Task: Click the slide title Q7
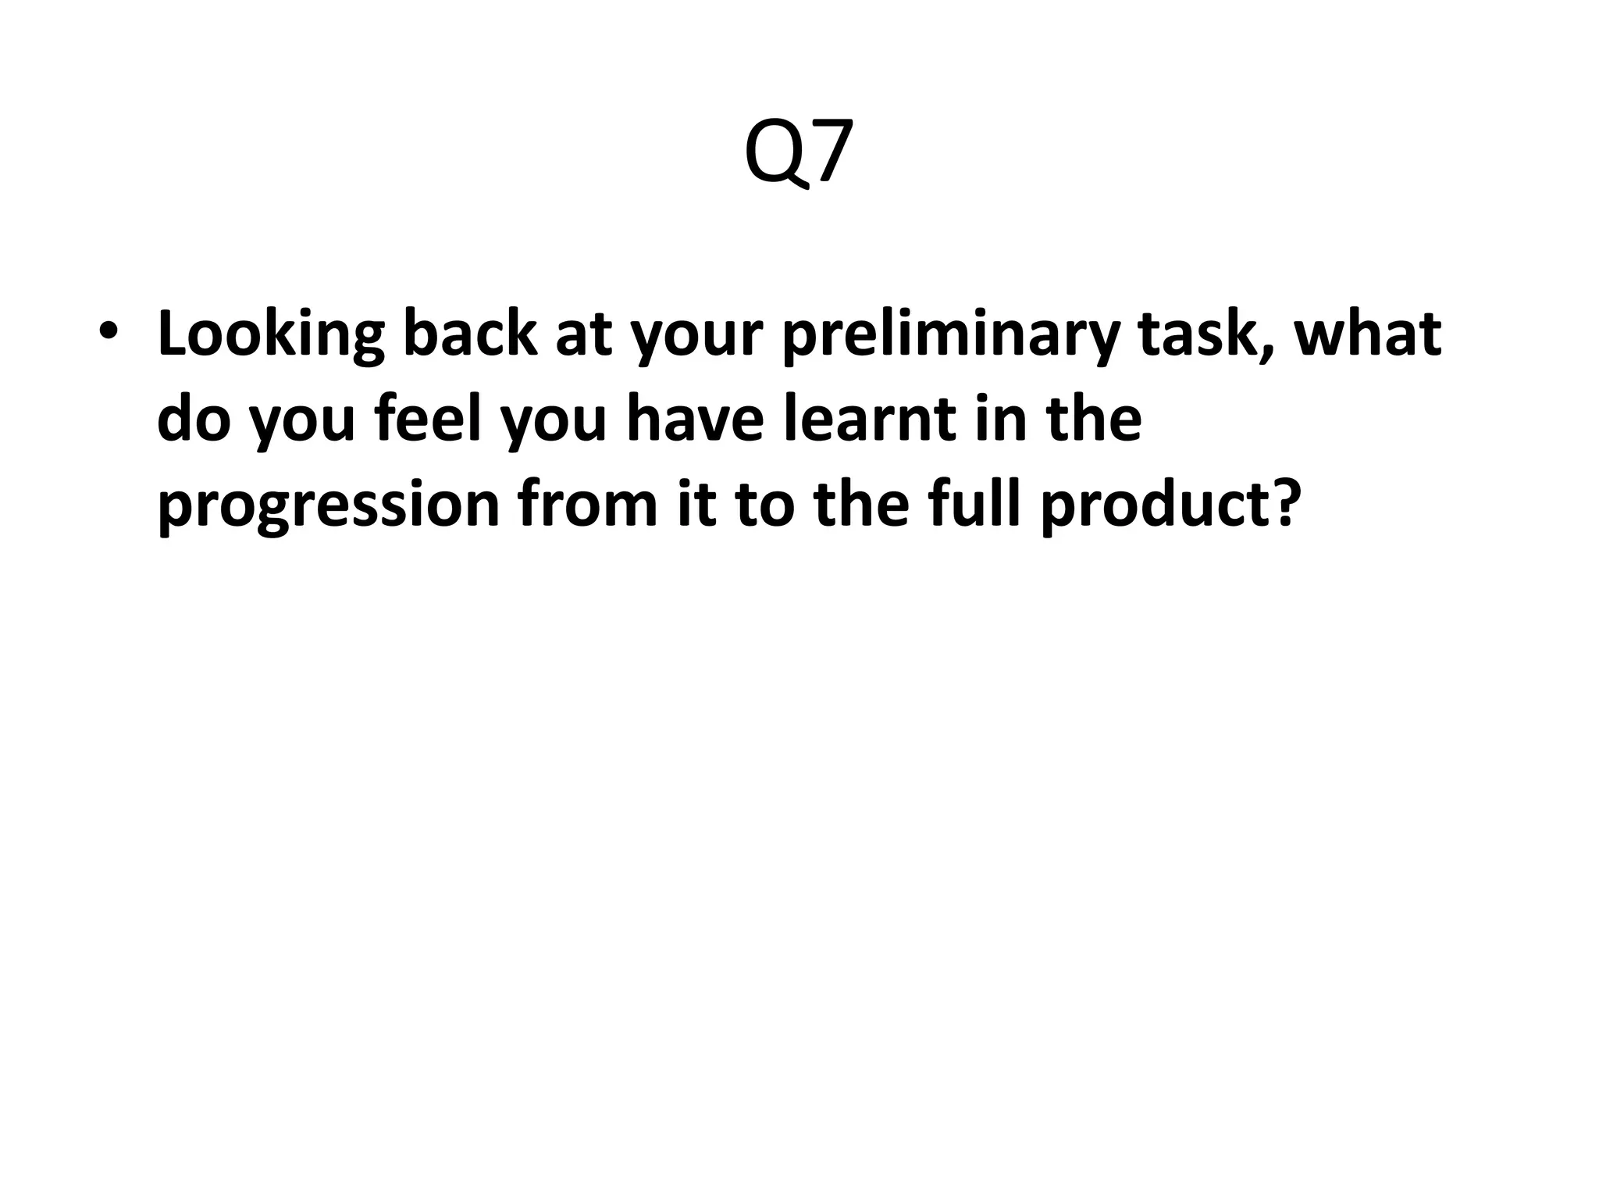pyautogui.click(x=798, y=153)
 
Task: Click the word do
pyautogui.click(x=194, y=419)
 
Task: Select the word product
pyautogui.click(x=1156, y=506)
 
